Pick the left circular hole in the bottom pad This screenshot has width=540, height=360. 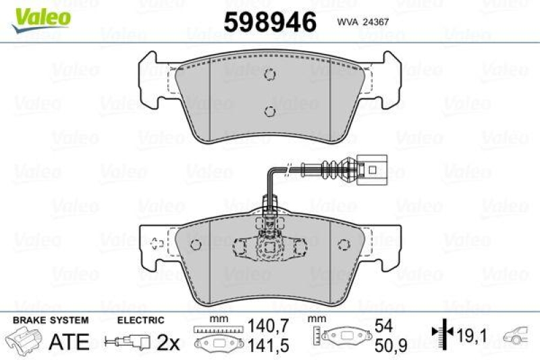pos(196,245)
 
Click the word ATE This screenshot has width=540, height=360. pos(70,342)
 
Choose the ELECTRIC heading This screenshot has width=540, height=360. pos(141,320)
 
